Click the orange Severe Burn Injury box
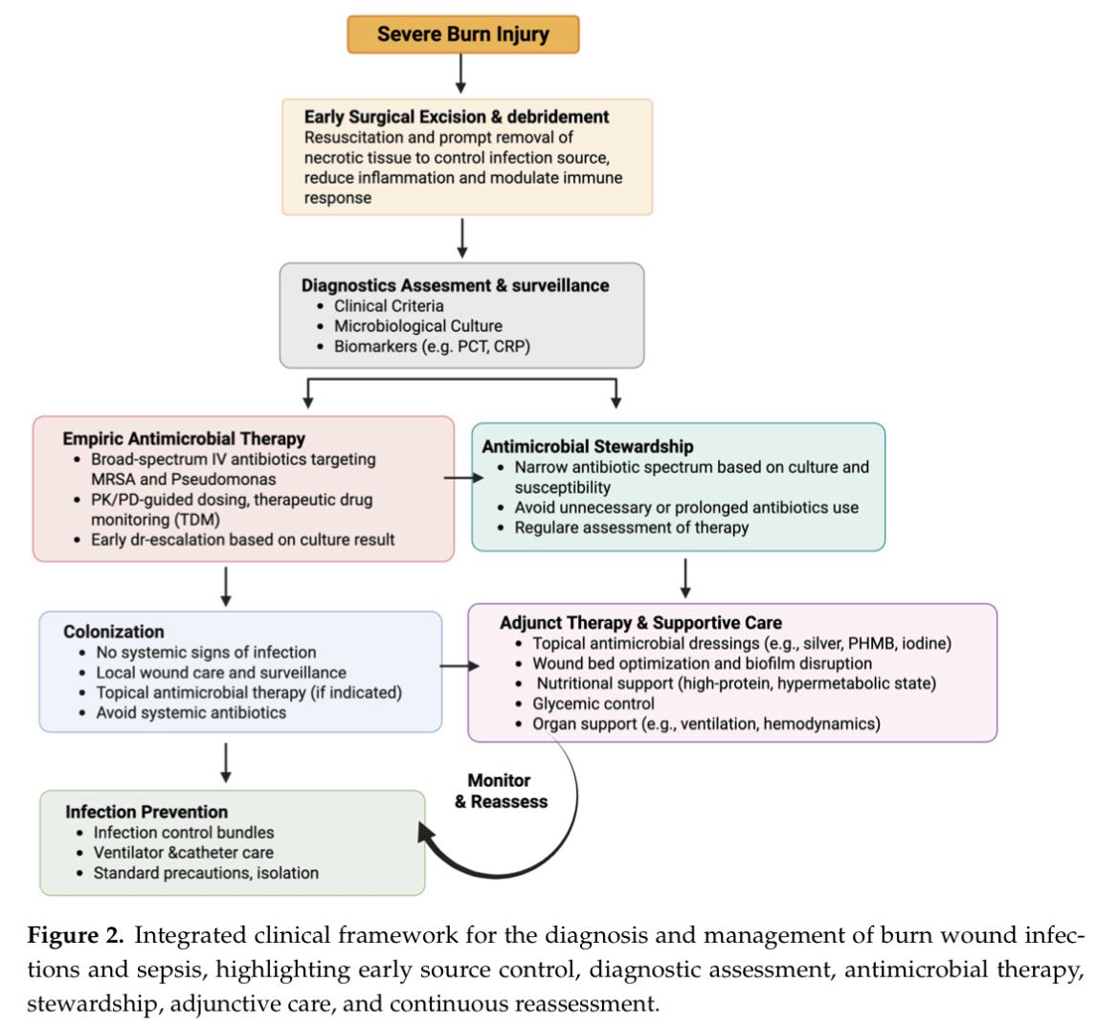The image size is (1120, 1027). click(x=463, y=34)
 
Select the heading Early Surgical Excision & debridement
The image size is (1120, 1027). click(x=457, y=117)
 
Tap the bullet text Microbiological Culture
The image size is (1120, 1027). click(x=418, y=326)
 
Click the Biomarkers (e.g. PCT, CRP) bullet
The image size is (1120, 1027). click(x=432, y=346)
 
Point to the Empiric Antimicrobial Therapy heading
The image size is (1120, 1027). click(x=184, y=438)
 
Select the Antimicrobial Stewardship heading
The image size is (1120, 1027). click(x=588, y=446)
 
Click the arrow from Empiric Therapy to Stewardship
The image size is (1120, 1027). click(x=463, y=478)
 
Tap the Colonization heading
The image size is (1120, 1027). click(x=114, y=632)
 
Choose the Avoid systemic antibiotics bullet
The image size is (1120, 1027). click(x=191, y=713)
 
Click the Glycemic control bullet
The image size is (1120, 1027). click(x=594, y=703)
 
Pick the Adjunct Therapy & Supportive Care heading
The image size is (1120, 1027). click(x=640, y=623)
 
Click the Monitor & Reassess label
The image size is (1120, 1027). click(x=502, y=791)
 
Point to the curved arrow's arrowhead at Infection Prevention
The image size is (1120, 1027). click(x=426, y=835)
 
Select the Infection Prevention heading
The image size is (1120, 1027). click(x=146, y=812)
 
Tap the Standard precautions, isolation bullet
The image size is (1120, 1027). click(x=206, y=873)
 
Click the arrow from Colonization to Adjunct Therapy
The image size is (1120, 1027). click(x=459, y=666)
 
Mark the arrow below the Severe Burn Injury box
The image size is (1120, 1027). click(x=460, y=74)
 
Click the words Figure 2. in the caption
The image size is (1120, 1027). click(x=76, y=935)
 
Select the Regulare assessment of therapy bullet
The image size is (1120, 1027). click(x=632, y=527)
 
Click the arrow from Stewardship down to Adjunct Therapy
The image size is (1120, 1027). click(x=685, y=578)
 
